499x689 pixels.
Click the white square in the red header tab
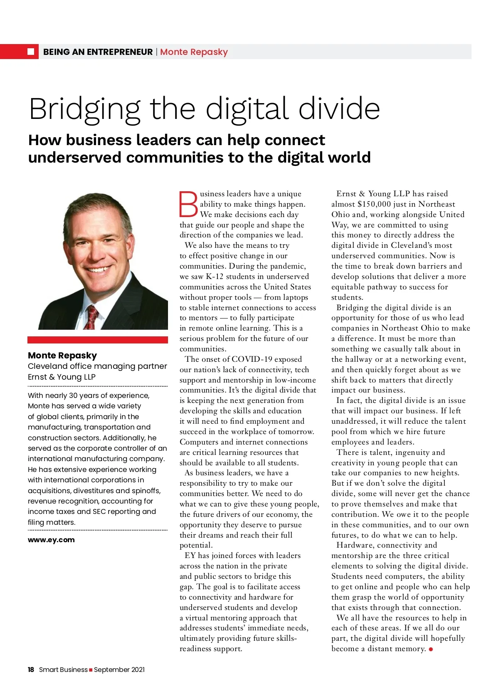coord(30,52)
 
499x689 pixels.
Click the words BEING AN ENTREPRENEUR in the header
coord(98,52)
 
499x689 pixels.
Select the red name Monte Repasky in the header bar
coord(194,52)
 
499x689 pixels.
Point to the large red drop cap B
coord(188,204)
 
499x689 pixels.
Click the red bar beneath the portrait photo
coord(98,340)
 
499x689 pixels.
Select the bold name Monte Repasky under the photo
coord(62,356)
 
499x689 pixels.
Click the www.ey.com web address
coord(51,540)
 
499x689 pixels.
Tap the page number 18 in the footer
coord(31,669)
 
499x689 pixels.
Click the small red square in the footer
coord(91,670)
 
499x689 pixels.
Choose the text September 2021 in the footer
coord(119,669)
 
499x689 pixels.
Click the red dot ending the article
coord(431,649)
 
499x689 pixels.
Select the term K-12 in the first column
coord(215,277)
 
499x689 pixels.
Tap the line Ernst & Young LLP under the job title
coord(62,377)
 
